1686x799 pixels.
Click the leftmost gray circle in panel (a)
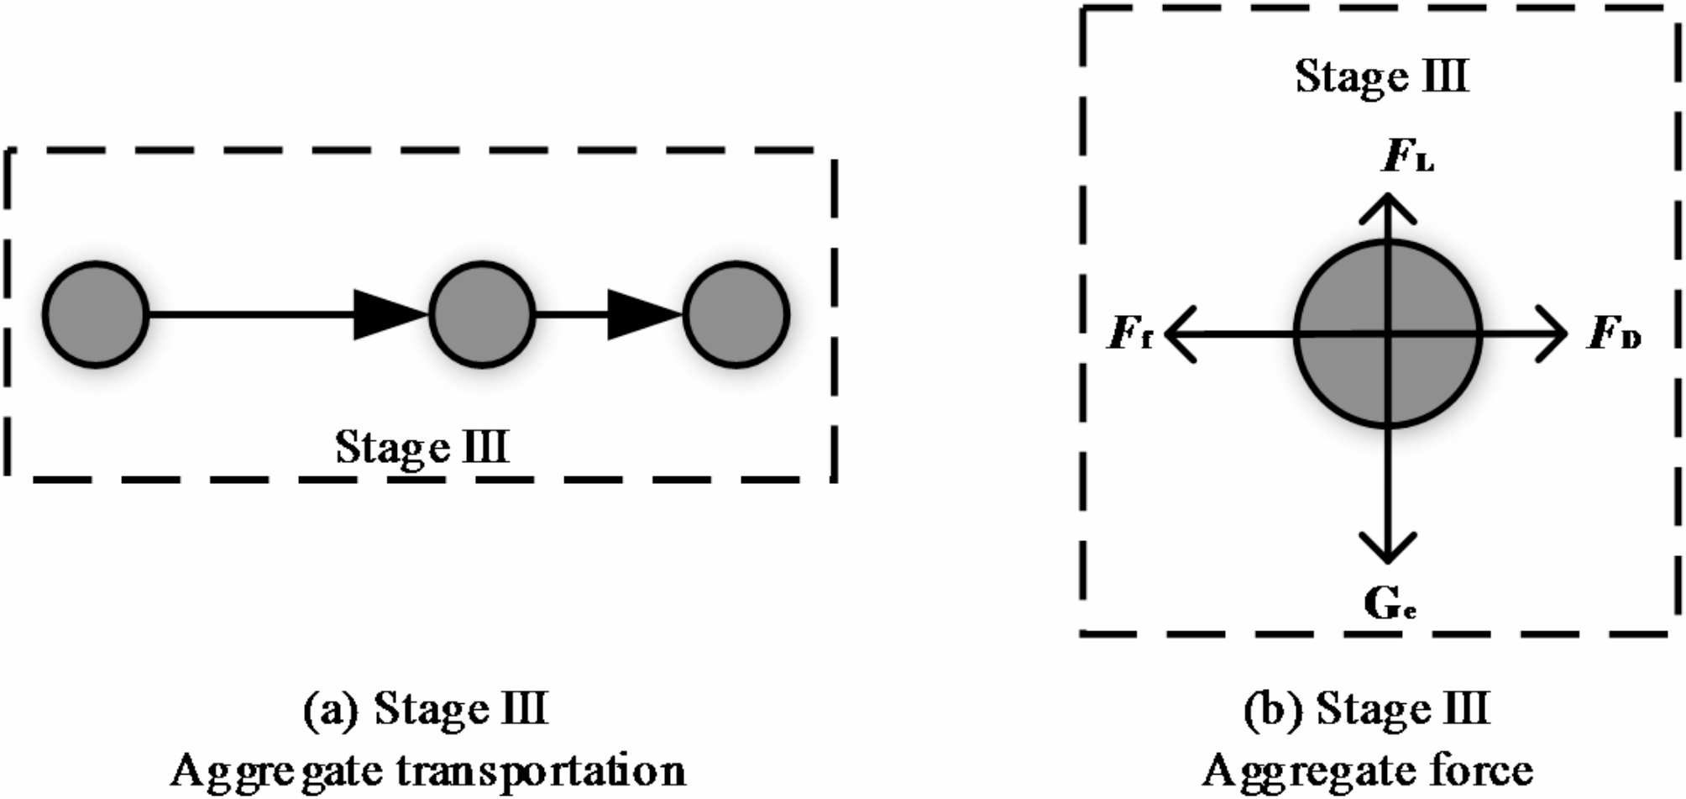point(96,315)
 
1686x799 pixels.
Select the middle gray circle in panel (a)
point(482,315)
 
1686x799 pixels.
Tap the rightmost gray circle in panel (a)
point(736,315)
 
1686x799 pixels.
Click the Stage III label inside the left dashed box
point(421,446)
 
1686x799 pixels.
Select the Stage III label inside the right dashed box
point(1381,77)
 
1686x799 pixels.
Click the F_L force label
point(1407,158)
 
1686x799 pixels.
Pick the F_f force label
point(1130,334)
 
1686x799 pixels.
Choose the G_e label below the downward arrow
point(1390,603)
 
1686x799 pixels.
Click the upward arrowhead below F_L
point(1388,207)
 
